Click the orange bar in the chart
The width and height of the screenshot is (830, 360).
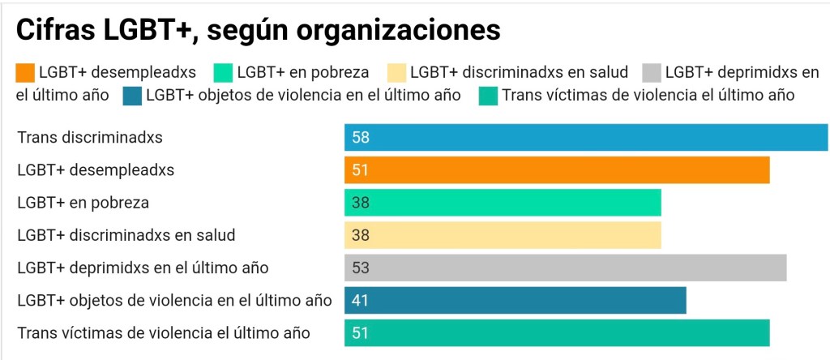556,170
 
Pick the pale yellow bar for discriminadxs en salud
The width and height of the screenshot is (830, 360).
503,235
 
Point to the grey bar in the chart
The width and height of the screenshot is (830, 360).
565,268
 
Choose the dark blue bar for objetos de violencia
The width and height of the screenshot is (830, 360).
515,300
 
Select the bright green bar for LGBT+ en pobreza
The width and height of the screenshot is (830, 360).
503,203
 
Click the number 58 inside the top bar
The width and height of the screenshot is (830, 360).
361,138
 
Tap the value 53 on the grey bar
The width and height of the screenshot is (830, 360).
361,268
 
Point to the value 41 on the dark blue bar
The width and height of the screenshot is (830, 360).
361,300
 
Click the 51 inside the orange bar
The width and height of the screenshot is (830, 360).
361,170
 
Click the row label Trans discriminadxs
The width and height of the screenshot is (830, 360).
90,138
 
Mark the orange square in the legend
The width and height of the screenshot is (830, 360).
25,73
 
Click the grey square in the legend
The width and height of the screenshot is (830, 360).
652,73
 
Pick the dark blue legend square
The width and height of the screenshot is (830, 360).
132,96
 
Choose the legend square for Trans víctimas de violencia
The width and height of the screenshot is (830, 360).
489,96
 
